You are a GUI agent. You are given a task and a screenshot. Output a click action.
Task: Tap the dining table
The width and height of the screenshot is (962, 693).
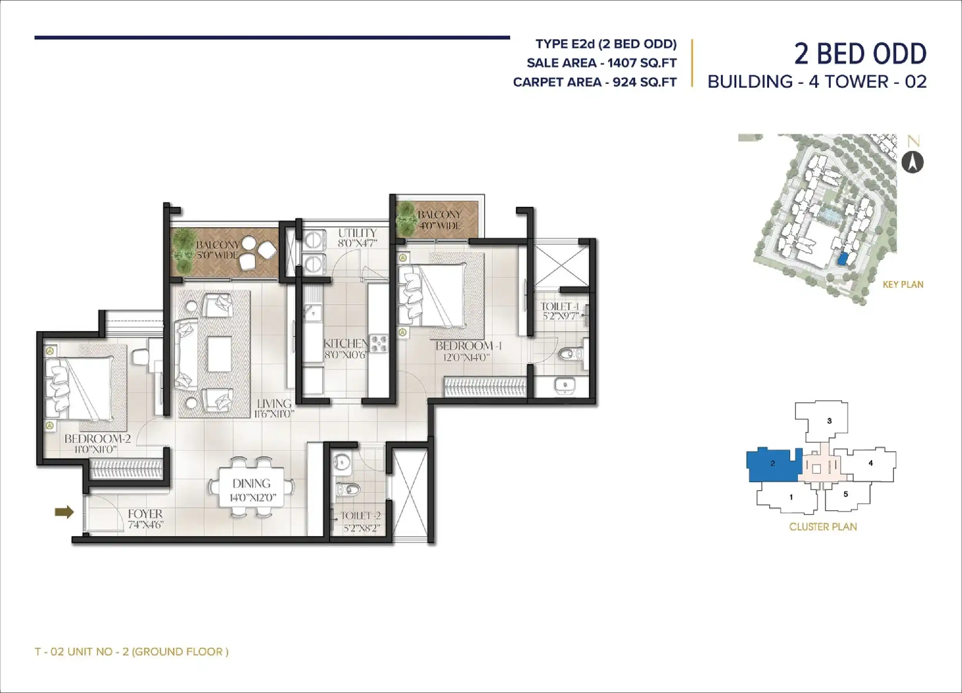[x=252, y=487]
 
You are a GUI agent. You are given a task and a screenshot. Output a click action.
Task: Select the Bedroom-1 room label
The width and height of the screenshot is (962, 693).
[x=469, y=346]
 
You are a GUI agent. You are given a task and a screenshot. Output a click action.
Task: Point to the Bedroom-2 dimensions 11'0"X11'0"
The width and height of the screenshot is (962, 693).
[x=96, y=449]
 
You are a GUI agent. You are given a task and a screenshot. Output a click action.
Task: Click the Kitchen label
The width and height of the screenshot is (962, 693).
[x=346, y=343]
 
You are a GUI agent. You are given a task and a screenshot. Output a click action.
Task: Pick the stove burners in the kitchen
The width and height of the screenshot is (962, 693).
[x=379, y=344]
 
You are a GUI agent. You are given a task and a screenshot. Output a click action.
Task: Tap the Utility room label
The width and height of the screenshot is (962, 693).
[x=357, y=233]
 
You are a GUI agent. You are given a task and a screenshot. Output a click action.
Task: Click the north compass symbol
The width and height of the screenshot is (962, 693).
[x=912, y=162]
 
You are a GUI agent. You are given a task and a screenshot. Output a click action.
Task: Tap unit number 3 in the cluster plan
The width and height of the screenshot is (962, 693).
[x=829, y=421]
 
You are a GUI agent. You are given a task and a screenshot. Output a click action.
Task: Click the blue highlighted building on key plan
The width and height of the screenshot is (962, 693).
[x=843, y=259]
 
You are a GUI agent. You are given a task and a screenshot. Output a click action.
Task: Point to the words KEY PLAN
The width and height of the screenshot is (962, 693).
[x=903, y=285]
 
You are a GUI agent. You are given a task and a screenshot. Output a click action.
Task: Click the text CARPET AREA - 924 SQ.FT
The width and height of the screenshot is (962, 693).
[x=595, y=82]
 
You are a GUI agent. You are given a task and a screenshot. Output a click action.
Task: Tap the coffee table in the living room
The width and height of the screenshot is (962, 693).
[x=219, y=354]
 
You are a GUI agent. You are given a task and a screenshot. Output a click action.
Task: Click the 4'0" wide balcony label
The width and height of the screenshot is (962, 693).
[x=439, y=220]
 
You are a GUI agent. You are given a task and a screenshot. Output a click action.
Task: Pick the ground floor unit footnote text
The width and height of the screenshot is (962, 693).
[x=132, y=651]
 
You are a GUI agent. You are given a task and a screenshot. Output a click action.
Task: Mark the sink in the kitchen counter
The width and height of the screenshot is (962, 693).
[x=313, y=312]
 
